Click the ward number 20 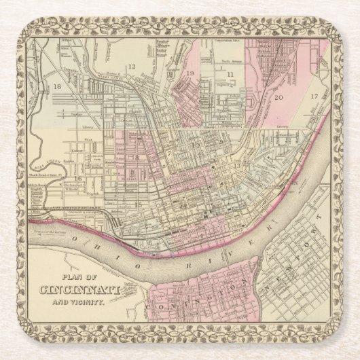(x=279, y=96)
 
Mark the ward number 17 (x=314, y=96)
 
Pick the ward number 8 (x=136, y=157)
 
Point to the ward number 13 (x=238, y=166)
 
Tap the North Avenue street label (x=231, y=60)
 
